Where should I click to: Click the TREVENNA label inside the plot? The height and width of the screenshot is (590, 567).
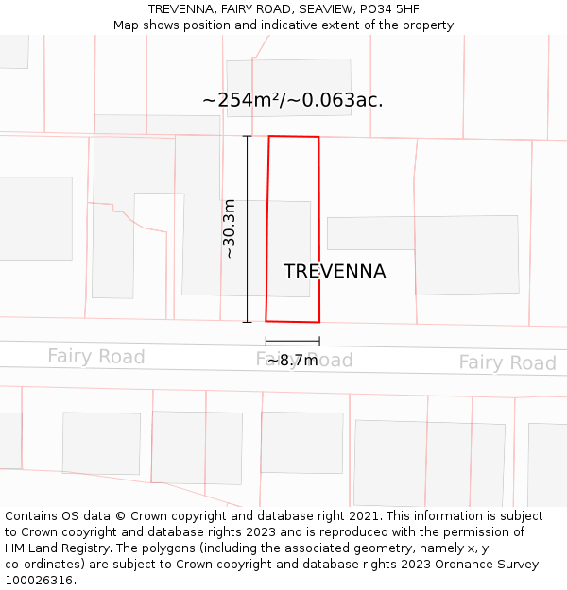click(335, 272)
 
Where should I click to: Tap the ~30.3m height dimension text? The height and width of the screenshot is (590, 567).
click(230, 228)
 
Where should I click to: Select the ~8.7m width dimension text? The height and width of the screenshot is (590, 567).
click(293, 360)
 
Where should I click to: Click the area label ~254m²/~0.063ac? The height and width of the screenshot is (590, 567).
click(292, 100)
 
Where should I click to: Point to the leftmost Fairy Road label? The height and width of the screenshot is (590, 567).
click(96, 356)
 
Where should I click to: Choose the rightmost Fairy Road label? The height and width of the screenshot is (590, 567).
click(507, 362)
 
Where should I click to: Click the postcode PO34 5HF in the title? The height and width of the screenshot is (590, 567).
click(388, 9)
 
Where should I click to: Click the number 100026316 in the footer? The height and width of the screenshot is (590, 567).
click(38, 581)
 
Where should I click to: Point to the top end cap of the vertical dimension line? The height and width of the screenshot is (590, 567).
click(248, 136)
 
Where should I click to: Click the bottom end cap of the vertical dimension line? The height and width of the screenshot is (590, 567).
click(248, 322)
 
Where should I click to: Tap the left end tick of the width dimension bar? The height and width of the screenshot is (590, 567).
click(266, 341)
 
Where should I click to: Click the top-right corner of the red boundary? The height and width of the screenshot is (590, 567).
click(318, 137)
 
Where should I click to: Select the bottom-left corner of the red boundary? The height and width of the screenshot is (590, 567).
click(266, 321)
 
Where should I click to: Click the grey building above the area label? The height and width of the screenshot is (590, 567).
click(289, 74)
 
